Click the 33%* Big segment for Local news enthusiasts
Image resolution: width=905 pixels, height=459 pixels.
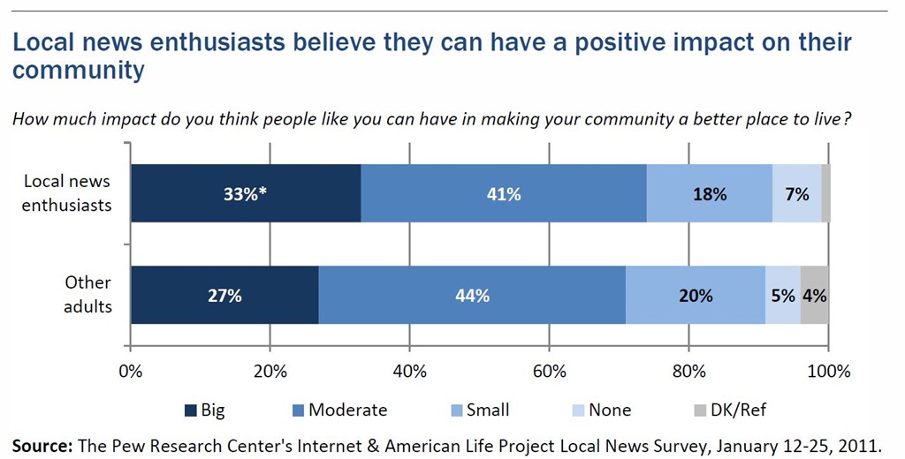(246, 193)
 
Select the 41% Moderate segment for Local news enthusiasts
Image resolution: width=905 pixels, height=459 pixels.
(504, 193)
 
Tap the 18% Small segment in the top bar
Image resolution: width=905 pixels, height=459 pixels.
(710, 193)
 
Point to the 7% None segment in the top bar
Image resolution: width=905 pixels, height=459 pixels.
(796, 193)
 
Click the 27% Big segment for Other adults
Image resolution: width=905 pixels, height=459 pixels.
(224, 295)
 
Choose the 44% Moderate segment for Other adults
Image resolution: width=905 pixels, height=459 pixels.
(472, 295)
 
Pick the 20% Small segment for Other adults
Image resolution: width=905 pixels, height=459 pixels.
(696, 295)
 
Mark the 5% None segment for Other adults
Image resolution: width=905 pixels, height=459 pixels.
(783, 295)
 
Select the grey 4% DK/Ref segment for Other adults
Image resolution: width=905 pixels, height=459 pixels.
(814, 295)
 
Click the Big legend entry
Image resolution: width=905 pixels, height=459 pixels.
(204, 410)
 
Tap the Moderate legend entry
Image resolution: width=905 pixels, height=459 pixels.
(339, 410)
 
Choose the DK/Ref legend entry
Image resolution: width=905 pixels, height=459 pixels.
(729, 410)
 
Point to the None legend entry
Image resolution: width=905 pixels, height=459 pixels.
(601, 410)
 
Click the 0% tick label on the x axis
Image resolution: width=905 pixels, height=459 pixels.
(131, 372)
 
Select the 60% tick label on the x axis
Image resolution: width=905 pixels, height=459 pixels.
(549, 372)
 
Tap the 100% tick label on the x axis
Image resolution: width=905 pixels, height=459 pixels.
(829, 372)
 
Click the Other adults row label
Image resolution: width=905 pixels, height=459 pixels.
(87, 294)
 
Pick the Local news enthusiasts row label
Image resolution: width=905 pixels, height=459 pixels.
(67, 193)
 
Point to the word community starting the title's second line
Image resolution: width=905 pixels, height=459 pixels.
(79, 71)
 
